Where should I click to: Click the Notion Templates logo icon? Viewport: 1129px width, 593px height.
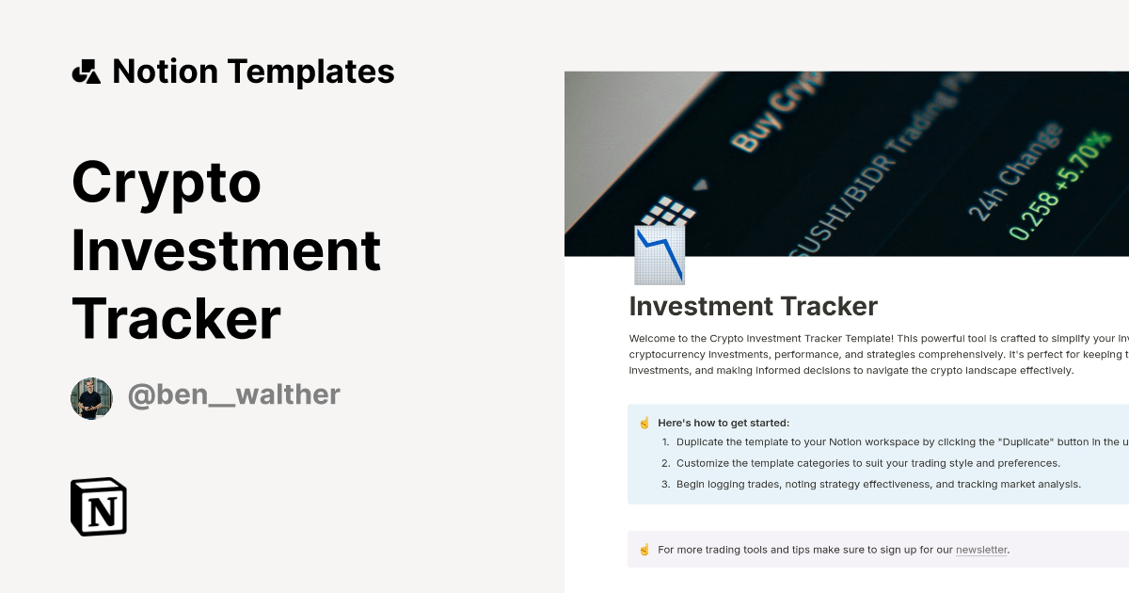[x=86, y=72]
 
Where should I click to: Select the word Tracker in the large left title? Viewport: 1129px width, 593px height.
[x=176, y=318]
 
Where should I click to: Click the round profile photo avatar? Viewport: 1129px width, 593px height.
[x=91, y=398]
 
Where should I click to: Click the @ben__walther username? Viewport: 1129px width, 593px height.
[x=233, y=394]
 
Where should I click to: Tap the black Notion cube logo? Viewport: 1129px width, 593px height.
[x=99, y=507]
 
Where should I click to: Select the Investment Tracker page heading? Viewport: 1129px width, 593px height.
[x=753, y=306]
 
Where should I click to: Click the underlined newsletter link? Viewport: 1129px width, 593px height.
[x=981, y=550]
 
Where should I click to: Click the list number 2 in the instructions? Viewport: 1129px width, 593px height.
[x=665, y=463]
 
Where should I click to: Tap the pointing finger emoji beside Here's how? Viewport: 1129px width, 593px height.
[x=644, y=423]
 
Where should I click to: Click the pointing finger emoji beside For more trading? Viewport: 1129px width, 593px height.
[x=644, y=550]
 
